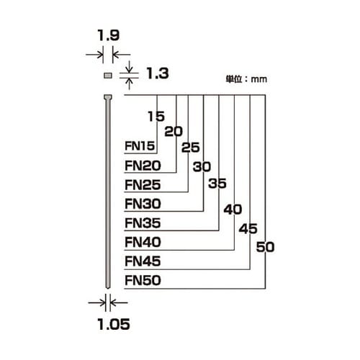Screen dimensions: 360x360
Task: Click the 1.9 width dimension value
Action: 107,33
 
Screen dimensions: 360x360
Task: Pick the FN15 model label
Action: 140,147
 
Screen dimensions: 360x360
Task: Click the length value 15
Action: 156,116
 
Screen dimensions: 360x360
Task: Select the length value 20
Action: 174,132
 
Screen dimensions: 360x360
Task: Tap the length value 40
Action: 233,210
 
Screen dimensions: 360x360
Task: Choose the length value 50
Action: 266,248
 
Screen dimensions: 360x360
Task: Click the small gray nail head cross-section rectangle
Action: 107,74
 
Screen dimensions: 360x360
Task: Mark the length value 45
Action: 248,229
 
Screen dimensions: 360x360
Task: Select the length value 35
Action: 217,184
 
